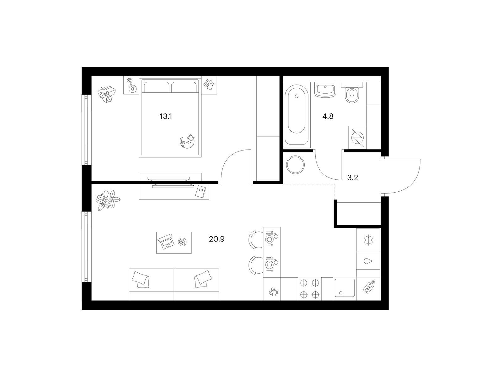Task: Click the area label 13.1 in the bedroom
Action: click(166, 117)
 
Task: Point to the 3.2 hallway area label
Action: click(353, 178)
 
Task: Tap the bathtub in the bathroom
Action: click(296, 113)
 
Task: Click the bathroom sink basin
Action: click(325, 90)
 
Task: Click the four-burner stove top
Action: click(309, 289)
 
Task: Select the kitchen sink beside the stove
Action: click(344, 288)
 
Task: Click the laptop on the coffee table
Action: click(166, 242)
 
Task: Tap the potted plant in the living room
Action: click(108, 200)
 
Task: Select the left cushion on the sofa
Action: click(140, 279)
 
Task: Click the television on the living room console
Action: click(171, 182)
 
